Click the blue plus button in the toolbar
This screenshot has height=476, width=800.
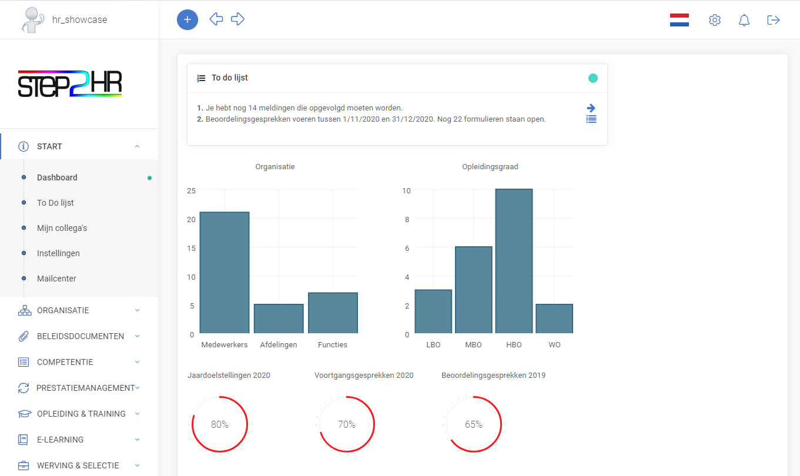(188, 20)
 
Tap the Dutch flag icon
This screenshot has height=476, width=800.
(679, 20)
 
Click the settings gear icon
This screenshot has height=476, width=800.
(715, 20)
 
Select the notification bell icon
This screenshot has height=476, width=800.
(744, 20)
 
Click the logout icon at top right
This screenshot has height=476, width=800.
(774, 20)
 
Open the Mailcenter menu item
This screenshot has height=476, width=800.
(56, 279)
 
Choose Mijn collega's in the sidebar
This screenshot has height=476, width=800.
(62, 228)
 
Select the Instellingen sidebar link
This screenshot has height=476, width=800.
(58, 253)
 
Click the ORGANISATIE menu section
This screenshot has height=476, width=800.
(63, 310)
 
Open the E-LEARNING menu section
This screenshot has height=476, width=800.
(60, 440)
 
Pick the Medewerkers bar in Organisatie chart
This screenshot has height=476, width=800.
(225, 273)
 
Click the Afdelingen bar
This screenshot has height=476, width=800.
(279, 319)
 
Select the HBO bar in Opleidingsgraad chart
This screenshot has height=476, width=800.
(514, 262)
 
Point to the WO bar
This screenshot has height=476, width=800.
(554, 319)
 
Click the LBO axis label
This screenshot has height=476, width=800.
(433, 345)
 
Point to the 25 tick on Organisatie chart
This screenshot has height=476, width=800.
(191, 190)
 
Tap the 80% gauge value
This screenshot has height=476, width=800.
(220, 424)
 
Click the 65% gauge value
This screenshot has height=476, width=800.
(474, 424)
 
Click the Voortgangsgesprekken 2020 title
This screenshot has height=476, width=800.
(364, 375)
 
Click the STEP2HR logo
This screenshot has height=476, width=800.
(70, 84)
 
